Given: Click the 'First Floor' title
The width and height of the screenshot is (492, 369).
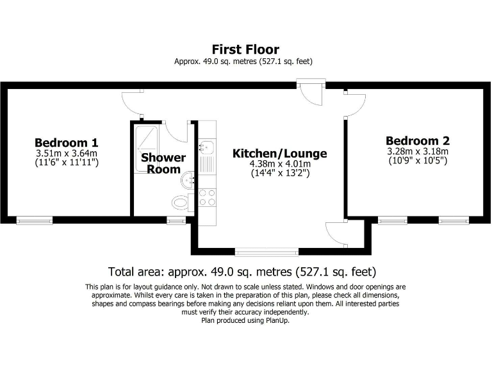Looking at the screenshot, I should pos(245,49).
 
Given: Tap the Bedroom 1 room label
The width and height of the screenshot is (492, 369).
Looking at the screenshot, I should pos(67,142).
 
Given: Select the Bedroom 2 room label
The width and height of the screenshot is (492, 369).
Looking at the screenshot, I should pos(417,141).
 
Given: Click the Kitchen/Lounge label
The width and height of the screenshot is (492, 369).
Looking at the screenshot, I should pos(279,154).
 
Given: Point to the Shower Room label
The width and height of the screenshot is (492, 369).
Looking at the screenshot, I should pos(163,163).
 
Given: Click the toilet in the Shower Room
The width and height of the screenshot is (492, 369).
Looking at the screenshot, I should pos(181,203).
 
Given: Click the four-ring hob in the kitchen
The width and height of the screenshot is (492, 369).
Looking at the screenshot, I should pos(207,198).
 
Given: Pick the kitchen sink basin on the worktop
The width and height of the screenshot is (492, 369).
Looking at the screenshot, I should pos(206,148).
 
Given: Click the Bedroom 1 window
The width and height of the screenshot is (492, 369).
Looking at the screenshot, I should pos(35,220).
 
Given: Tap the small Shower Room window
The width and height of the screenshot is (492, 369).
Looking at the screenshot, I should pos(176,220).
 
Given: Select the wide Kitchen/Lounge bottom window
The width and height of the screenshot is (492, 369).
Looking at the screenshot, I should pos(266,251).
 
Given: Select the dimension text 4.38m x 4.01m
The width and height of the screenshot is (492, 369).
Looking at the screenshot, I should pos(279,164).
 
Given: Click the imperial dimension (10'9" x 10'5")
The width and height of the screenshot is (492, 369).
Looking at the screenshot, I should pos(417,160).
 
